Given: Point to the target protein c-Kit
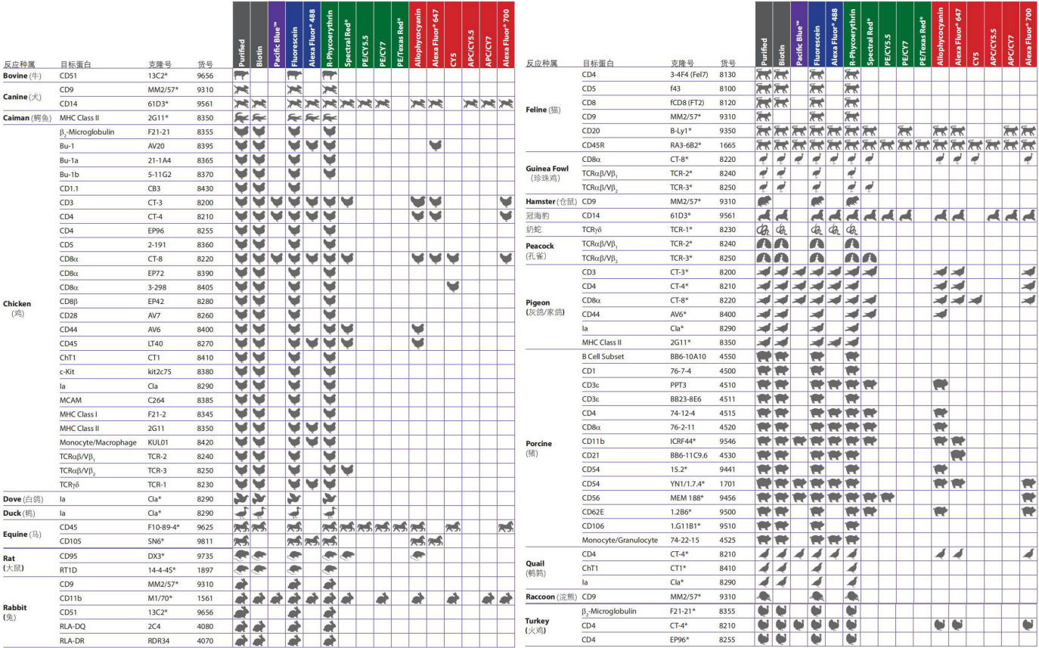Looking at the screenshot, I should (70, 371).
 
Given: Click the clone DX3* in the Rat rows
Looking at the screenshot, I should (157, 555).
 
